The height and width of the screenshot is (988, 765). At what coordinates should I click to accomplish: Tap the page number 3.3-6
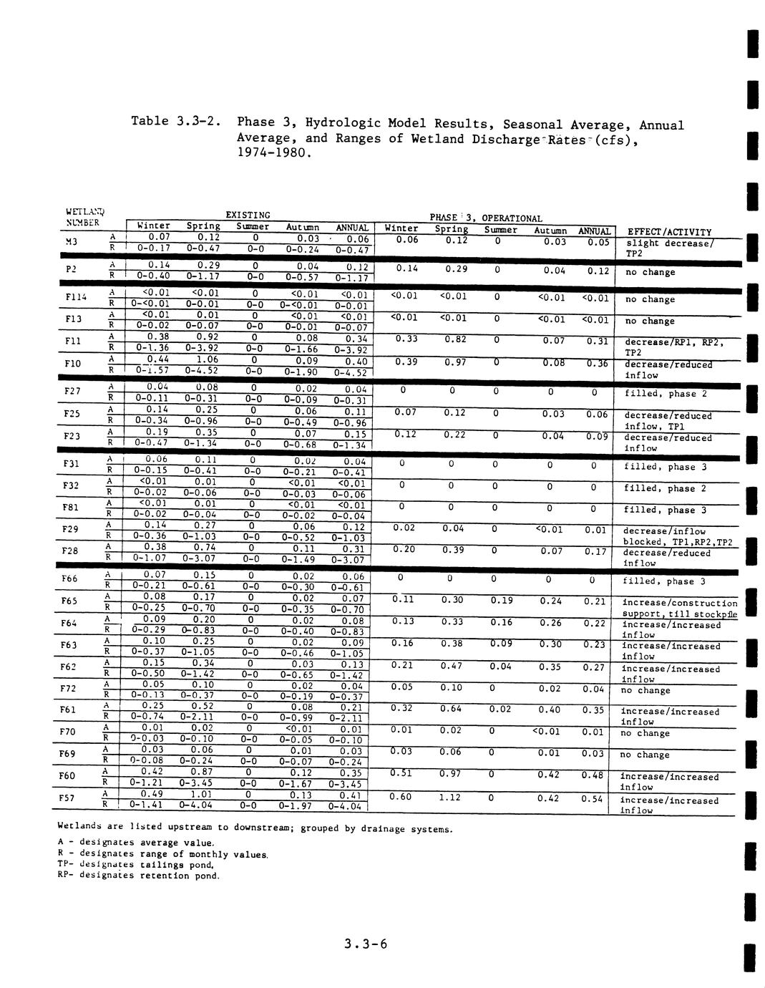pos(365,944)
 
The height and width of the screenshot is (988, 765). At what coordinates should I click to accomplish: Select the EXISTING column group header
pos(248,215)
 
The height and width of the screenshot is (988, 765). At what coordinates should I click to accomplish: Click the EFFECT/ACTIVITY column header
pos(669,232)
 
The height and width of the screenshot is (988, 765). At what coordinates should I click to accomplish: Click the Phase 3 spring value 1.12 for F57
pos(449,797)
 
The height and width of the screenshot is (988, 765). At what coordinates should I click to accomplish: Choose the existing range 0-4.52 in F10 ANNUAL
pos(349,372)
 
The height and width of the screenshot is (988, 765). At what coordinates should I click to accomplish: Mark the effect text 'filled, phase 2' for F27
pos(666,393)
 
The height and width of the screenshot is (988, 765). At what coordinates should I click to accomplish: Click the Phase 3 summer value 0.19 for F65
pos(501,601)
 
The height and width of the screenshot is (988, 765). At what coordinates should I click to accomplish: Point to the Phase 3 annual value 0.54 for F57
pos(593,798)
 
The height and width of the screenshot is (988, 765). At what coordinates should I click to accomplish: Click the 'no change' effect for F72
pos(645,690)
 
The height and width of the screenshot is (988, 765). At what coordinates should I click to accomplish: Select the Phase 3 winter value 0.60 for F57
pos(402,797)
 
